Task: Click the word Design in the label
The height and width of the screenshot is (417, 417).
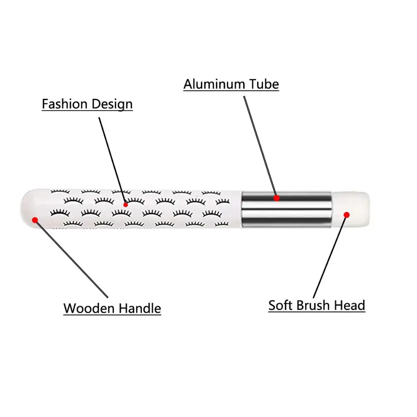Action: point(111,104)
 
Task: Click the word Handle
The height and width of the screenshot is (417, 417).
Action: point(140,309)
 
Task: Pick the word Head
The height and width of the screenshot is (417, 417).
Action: point(351,305)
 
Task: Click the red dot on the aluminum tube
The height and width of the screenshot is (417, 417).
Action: point(276,198)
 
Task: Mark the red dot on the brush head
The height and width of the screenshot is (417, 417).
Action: point(347,214)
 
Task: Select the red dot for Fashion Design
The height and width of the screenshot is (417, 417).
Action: point(126,204)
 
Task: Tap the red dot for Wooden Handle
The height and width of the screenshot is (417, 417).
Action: point(35,219)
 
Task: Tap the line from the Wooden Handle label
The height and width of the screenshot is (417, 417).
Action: point(71,259)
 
